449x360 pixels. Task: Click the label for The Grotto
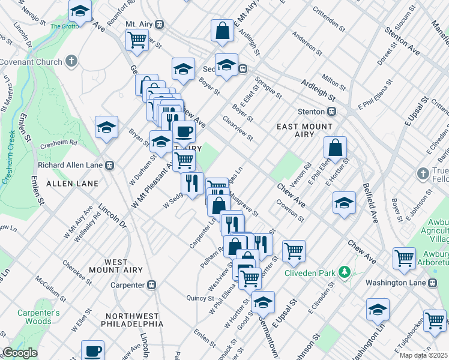tap(65, 26)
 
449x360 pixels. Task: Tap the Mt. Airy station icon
tap(159, 24)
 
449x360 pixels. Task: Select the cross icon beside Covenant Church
tap(71, 61)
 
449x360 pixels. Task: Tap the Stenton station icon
tap(331, 112)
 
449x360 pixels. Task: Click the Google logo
tap(20, 353)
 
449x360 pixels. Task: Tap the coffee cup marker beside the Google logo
tap(92, 350)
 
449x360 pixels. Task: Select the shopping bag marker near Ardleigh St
tap(222, 31)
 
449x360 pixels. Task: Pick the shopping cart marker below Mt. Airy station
tap(137, 40)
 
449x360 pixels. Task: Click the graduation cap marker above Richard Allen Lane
tap(106, 127)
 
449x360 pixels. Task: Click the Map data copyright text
tap(423, 355)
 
